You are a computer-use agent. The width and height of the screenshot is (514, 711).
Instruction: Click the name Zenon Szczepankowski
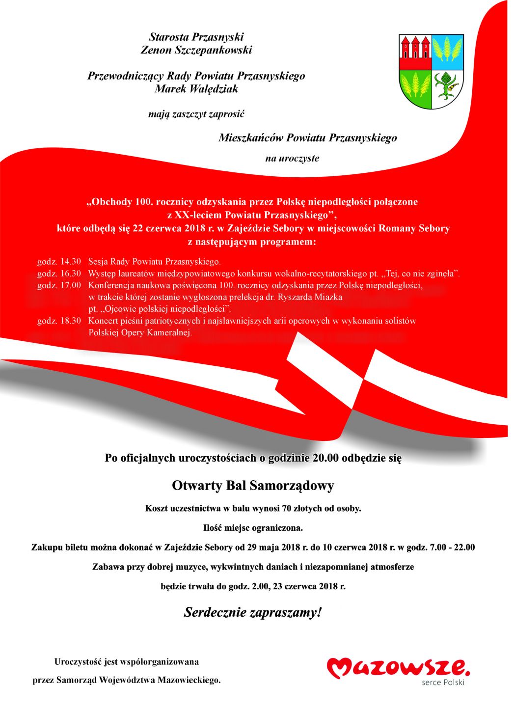196,50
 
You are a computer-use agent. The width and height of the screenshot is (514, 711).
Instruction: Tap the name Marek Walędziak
196,89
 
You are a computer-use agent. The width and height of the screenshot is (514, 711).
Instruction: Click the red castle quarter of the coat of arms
415,52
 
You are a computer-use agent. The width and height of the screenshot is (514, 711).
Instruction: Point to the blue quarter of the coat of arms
447,52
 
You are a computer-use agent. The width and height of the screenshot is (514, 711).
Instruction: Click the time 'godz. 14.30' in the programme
59,261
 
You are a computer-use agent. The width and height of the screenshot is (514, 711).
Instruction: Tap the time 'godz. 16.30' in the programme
59,273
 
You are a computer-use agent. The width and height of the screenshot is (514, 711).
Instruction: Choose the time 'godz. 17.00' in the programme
59,285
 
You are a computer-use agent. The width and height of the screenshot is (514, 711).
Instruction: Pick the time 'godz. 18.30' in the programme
59,321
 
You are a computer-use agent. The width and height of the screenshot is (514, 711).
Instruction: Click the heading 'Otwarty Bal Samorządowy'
253,486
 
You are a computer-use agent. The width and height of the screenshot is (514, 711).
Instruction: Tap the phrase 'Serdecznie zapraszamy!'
253,612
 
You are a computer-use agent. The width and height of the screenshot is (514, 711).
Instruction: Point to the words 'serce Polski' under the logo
443,683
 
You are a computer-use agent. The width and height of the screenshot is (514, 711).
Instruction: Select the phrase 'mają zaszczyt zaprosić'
196,114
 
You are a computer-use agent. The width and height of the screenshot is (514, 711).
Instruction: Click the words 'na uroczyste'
292,158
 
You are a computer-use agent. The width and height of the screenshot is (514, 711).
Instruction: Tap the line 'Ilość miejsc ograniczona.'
253,528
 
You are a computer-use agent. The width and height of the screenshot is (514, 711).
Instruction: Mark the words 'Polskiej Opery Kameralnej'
140,333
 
